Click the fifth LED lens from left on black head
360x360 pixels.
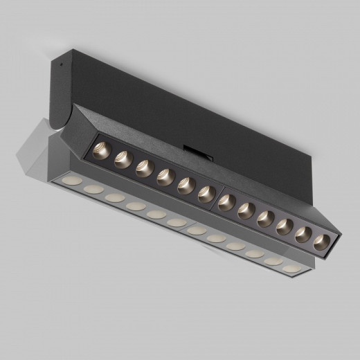(x=186, y=185)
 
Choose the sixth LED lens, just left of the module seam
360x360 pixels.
(x=206, y=194)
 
